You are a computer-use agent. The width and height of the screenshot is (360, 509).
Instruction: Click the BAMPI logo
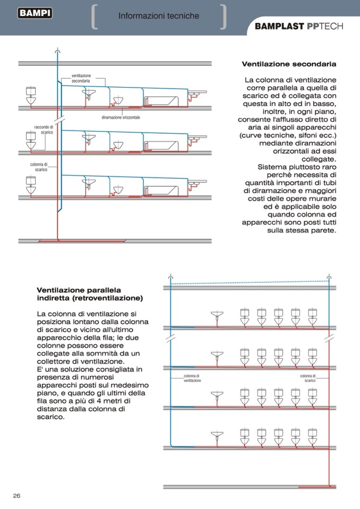(x=35, y=13)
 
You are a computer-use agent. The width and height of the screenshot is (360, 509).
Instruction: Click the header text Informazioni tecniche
(x=159, y=16)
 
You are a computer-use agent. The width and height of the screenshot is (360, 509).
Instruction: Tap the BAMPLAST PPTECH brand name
(x=299, y=27)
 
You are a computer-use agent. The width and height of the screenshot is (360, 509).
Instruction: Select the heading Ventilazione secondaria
(x=289, y=64)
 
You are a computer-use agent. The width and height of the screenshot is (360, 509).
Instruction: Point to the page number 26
(x=16, y=495)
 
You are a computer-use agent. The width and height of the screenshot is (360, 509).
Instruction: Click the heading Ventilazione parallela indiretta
(x=90, y=294)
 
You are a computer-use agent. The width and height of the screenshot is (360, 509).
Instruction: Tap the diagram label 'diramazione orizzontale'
(x=121, y=117)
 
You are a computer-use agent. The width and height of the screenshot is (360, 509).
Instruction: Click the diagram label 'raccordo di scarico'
(x=44, y=130)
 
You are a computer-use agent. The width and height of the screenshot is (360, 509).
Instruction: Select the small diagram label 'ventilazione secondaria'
(x=81, y=78)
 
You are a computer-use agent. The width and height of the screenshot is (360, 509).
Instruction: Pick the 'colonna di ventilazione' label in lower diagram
(x=192, y=378)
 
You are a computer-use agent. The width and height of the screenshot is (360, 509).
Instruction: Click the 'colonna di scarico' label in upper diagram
(x=39, y=167)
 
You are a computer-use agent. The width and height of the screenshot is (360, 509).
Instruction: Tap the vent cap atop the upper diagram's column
(x=57, y=51)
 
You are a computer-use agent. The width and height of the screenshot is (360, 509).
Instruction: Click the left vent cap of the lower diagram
(x=170, y=277)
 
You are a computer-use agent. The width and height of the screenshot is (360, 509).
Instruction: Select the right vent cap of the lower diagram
(x=329, y=277)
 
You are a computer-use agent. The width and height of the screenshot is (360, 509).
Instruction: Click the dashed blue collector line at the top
(x=250, y=282)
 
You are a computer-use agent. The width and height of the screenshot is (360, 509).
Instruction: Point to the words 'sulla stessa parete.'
(x=302, y=230)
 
